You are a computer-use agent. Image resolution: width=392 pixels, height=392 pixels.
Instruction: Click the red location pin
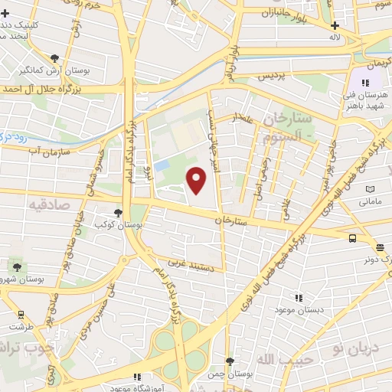[x=197, y=180]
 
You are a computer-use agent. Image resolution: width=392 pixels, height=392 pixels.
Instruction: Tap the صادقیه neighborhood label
[x=50, y=205]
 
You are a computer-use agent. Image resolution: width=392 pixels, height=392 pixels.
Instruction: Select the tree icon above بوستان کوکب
[x=118, y=213]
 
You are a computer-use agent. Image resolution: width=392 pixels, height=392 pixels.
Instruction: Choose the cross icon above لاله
[x=334, y=24]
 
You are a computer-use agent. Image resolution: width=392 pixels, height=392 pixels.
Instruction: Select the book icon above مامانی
[x=371, y=189]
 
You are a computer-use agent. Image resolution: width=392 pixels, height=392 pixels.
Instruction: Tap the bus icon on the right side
[x=351, y=238]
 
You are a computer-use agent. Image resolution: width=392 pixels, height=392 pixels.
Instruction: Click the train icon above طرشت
[x=21, y=314]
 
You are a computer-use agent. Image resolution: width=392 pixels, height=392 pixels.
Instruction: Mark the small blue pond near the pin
[x=161, y=166]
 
